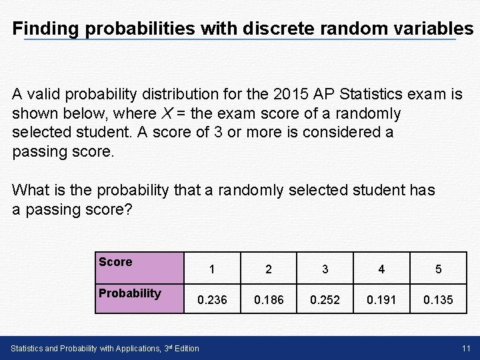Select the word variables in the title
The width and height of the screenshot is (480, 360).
tap(427, 29)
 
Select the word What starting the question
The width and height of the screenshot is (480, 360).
tap(29, 190)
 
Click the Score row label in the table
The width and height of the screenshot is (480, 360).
tap(115, 262)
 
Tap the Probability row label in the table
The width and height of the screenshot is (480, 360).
tap(129, 293)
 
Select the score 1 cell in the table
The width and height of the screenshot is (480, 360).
tap(211, 270)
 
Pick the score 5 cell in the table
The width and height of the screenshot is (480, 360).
tap(438, 270)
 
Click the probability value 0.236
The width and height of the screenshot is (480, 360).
tap(211, 300)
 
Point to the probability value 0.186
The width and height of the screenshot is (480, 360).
tap(268, 300)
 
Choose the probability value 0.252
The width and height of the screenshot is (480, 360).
tap(325, 300)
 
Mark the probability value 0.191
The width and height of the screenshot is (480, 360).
tap(381, 300)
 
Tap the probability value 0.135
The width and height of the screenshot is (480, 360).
tap(438, 300)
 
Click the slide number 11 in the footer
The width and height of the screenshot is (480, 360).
tap(466, 348)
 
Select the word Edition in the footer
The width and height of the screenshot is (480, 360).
tap(185, 349)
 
